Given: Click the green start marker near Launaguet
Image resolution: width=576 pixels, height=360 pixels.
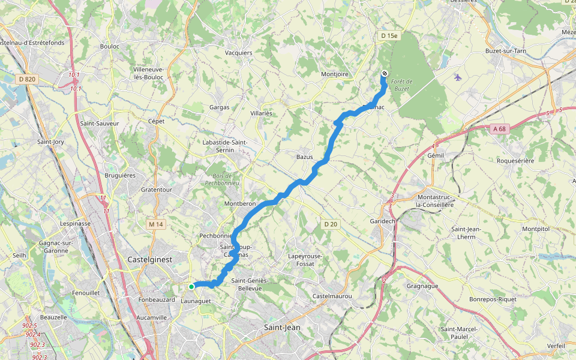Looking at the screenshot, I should coord(191,286).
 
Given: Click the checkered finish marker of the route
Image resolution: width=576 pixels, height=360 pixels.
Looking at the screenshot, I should coord(384,74).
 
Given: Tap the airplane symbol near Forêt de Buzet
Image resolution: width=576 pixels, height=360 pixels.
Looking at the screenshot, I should coord(458,77).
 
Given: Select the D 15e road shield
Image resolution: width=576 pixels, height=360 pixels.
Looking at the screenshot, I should coord(389,36).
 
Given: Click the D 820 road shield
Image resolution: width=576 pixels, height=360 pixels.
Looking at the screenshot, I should coord(28,79).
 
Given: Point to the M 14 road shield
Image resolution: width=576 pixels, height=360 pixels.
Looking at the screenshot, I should coord(155,224).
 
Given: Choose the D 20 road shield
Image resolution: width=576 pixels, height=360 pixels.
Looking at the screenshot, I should coord(331,224).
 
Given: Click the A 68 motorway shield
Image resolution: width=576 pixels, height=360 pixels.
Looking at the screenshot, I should coord(499,128).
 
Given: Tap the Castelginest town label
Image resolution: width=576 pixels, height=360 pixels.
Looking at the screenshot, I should coord(149,259).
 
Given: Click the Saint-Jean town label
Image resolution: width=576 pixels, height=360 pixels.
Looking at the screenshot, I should coord(282,327).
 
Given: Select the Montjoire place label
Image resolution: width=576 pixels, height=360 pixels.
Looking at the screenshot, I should coord(335,74).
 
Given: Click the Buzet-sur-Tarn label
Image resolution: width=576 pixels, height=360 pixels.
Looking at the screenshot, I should coord(505,51).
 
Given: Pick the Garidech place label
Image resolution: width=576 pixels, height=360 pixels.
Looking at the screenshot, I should coord(382,221).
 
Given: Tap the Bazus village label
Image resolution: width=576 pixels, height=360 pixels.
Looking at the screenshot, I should coord(304,157).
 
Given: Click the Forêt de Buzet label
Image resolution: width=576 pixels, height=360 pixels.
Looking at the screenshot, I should coord(401,85).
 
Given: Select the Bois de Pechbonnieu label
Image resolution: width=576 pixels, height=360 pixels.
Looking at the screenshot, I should coord(222,179).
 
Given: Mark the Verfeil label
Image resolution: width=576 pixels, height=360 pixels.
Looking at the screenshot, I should coord(556,346).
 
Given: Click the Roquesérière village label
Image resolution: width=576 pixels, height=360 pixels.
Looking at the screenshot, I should coord(519,160).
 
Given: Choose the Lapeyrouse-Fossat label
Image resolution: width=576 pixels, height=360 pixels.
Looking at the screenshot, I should coord(305,260).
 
